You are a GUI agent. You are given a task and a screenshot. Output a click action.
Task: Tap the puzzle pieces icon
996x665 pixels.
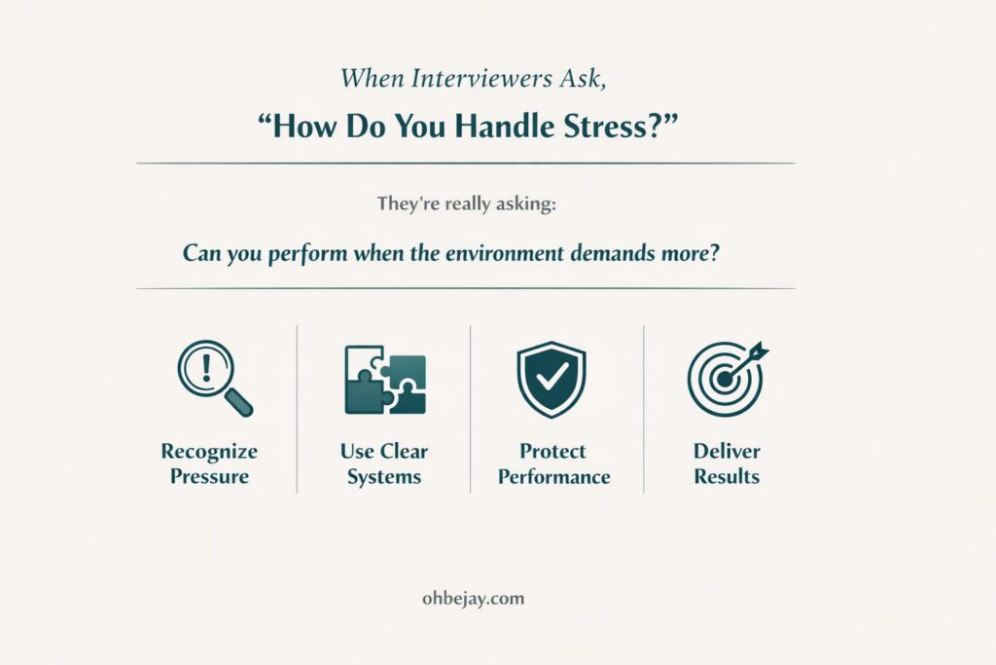click(x=384, y=380)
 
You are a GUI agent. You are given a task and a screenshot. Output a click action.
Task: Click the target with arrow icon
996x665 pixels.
click(x=727, y=378)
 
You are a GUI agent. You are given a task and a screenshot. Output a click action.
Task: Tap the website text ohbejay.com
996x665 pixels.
click(x=468, y=598)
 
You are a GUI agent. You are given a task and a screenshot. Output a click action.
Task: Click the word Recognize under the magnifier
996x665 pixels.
click(x=209, y=452)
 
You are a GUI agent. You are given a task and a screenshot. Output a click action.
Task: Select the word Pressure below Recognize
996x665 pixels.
click(x=209, y=477)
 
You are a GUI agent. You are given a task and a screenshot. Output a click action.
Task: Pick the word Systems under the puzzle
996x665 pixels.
click(x=384, y=477)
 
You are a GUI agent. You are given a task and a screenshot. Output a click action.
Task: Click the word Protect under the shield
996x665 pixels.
click(x=553, y=452)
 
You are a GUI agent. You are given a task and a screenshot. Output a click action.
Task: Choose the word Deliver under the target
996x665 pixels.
click(x=727, y=452)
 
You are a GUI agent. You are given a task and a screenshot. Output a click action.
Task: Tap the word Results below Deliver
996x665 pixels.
click(x=727, y=477)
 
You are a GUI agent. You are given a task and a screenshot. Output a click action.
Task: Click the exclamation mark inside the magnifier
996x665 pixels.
click(x=206, y=369)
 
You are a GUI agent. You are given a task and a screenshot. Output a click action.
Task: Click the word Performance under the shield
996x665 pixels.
click(x=553, y=477)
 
